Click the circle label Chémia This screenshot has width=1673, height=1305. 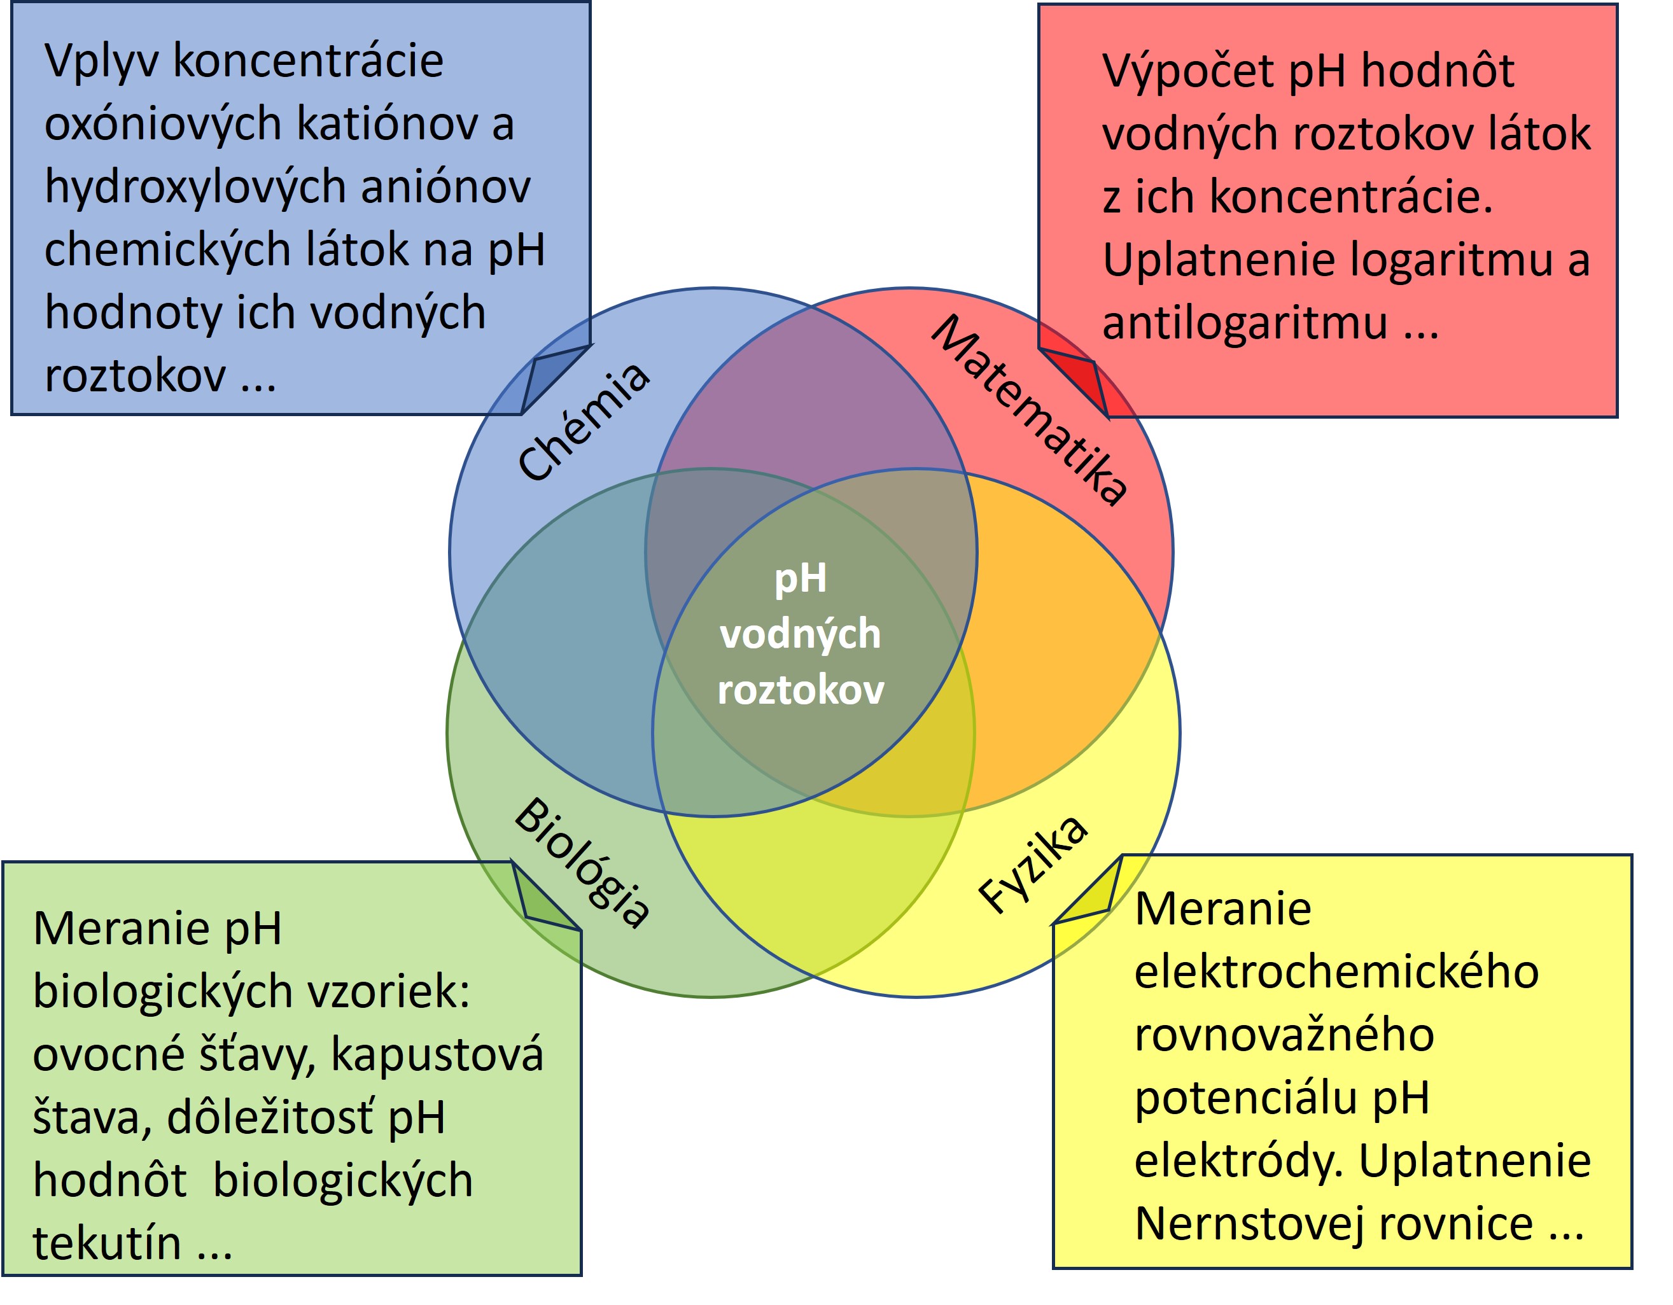coord(584,421)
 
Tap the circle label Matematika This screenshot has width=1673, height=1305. coord(1029,410)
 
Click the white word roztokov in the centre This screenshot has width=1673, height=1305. coord(801,689)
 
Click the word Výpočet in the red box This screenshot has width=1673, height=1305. coord(1188,71)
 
